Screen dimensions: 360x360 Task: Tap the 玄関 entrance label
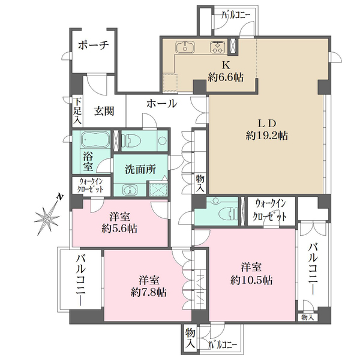pyautogui.click(x=105, y=111)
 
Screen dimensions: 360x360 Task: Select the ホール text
pyautogui.click(x=161, y=103)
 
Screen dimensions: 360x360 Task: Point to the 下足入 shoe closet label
pyautogui.click(x=77, y=111)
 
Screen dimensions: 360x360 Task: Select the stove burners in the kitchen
pyautogui.click(x=216, y=47)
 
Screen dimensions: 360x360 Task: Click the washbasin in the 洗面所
pyautogui.click(x=129, y=190)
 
